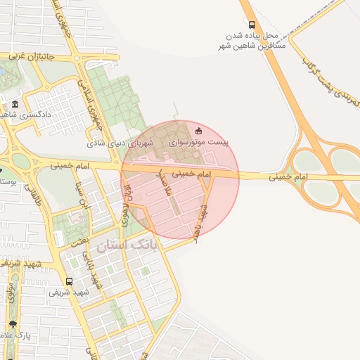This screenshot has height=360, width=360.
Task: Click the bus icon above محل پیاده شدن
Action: pos(252,25)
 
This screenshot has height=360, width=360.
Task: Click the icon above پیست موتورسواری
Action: pos(198,129)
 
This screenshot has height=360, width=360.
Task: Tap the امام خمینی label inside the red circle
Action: pos(191,172)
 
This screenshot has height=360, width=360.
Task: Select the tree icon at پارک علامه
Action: pos(13,325)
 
